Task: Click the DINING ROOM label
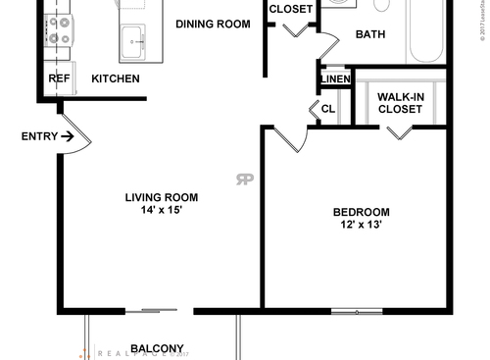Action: tap(214, 25)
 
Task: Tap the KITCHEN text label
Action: tap(116, 78)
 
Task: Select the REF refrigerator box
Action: tap(57, 78)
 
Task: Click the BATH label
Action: tap(370, 34)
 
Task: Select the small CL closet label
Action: tap(328, 109)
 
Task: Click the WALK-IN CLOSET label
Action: tap(400, 103)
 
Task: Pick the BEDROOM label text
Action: tap(361, 212)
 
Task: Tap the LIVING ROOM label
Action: tap(162, 197)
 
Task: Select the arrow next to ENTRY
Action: tap(67, 136)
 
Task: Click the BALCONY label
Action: tap(157, 348)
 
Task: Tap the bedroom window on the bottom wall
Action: tap(357, 312)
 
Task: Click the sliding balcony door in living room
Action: tap(153, 312)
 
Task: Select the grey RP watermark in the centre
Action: tap(243, 179)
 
